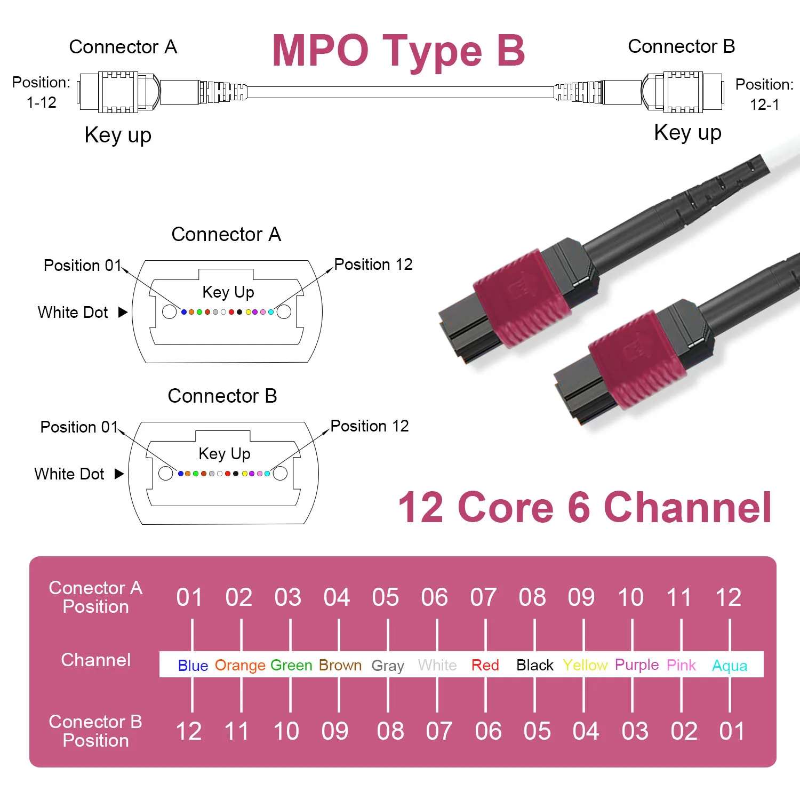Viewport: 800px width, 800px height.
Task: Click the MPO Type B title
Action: point(398,51)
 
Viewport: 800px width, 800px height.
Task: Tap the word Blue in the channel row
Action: point(193,665)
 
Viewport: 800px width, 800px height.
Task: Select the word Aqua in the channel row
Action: point(730,666)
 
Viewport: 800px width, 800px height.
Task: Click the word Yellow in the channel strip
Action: point(585,665)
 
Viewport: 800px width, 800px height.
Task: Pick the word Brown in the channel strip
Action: point(340,665)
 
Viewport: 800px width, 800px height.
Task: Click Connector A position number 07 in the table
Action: point(483,597)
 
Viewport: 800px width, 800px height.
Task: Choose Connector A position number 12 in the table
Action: point(728,597)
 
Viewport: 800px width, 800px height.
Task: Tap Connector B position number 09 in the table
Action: point(335,731)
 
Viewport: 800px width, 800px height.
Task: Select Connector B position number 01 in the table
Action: point(732,731)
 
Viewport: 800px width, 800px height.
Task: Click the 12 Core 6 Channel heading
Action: point(585,507)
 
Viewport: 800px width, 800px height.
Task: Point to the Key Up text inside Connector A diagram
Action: point(228,292)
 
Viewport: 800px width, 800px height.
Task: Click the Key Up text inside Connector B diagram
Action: point(225,454)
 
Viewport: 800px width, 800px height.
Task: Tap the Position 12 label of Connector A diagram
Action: point(373,265)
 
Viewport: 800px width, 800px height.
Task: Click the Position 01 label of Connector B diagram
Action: point(79,427)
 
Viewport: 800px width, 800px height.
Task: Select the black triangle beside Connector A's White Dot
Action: point(123,312)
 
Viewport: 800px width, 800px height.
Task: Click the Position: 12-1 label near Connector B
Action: point(764,94)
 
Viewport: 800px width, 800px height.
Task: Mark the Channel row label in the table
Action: point(96,660)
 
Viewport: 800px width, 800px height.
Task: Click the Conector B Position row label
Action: point(96,731)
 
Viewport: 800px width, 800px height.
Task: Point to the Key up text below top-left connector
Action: point(118,135)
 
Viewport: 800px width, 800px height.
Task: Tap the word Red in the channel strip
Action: point(485,665)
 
